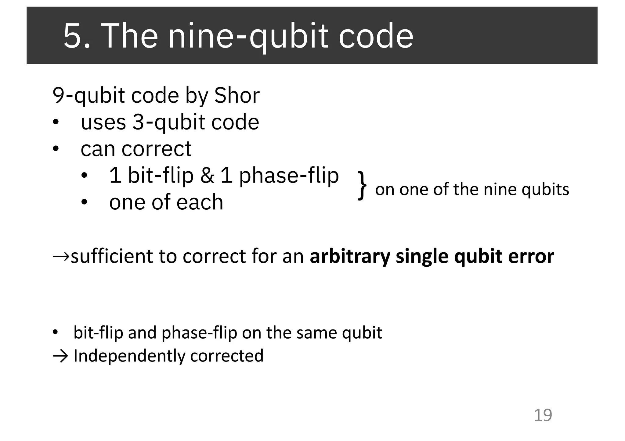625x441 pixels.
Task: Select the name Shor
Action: click(x=237, y=95)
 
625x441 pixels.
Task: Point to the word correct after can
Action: click(x=156, y=149)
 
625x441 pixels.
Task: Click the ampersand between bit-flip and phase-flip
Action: click(x=207, y=176)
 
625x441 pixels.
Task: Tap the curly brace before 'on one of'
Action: click(x=362, y=185)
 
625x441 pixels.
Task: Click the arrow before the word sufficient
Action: click(x=61, y=256)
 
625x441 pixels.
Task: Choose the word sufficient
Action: click(x=111, y=256)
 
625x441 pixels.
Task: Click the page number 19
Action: click(x=543, y=415)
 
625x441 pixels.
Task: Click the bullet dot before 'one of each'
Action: click(x=84, y=202)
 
